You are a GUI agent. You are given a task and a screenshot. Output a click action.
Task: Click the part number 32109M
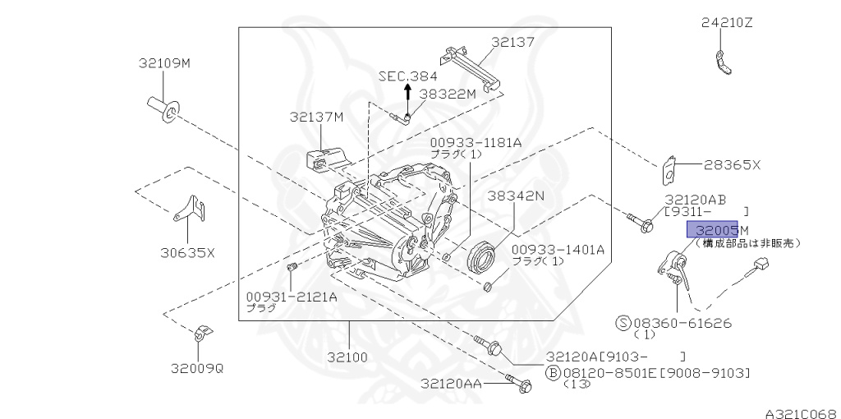coord(164,62)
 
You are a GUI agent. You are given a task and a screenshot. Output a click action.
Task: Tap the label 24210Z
coord(726,23)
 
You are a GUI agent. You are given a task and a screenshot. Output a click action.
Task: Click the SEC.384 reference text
coord(407,76)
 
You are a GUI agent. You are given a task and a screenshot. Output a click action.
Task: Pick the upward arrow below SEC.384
coord(407,94)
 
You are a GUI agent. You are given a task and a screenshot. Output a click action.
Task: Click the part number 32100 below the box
coord(347,357)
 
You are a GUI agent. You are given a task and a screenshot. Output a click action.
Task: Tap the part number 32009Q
coord(197,368)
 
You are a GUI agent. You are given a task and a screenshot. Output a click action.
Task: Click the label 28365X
coord(733,165)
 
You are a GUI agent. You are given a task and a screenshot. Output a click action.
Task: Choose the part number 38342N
coord(516,196)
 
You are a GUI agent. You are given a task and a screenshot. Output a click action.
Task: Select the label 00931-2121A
coord(291,296)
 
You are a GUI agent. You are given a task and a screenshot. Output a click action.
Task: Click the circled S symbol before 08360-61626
coord(624,323)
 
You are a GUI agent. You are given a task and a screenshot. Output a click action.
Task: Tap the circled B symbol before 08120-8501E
coord(553,373)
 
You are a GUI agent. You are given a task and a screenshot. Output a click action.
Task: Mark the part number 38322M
coord(448,94)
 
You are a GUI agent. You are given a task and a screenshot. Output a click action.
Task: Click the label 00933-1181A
coord(476,142)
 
